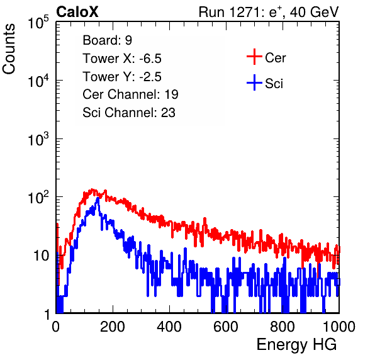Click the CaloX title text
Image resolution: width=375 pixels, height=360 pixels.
(77, 12)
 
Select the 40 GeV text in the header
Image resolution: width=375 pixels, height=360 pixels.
(314, 12)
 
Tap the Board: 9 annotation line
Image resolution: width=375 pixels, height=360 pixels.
(107, 40)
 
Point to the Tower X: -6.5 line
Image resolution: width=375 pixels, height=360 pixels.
(122, 59)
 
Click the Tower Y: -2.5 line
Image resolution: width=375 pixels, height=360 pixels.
(122, 77)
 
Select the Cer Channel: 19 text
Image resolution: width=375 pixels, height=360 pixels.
(130, 94)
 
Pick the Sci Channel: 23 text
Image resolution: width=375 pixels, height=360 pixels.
(129, 113)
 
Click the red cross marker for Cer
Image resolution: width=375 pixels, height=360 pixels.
(254, 57)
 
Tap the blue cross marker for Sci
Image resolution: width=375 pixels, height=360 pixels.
(254, 83)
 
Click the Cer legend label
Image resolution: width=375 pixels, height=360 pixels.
(275, 58)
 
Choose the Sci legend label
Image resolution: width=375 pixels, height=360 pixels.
(274, 84)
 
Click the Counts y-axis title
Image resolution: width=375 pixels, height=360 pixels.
(9, 49)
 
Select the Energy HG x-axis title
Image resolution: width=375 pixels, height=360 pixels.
(296, 345)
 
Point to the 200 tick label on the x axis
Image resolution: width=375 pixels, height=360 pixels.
(113, 327)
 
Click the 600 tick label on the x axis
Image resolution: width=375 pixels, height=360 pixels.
(226, 327)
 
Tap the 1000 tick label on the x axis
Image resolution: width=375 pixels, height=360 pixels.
(339, 327)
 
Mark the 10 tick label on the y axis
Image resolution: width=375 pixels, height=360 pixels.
(41, 256)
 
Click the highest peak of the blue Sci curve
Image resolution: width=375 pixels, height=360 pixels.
(98, 198)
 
